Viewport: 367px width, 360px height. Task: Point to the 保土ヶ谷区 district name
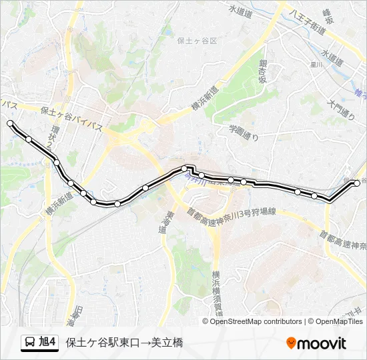pos(198,41)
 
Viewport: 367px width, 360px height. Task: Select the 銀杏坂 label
pos(263,71)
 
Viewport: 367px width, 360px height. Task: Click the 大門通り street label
pos(342,109)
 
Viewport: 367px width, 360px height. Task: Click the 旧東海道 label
pos(78,316)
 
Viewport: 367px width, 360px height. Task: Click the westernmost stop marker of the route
pos(10,123)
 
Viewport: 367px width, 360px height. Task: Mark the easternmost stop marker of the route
pos(357,183)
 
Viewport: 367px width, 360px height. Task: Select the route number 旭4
pos(48,343)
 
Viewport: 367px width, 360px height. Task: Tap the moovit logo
pos(316,343)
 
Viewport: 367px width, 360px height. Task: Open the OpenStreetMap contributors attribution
pos(256,321)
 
